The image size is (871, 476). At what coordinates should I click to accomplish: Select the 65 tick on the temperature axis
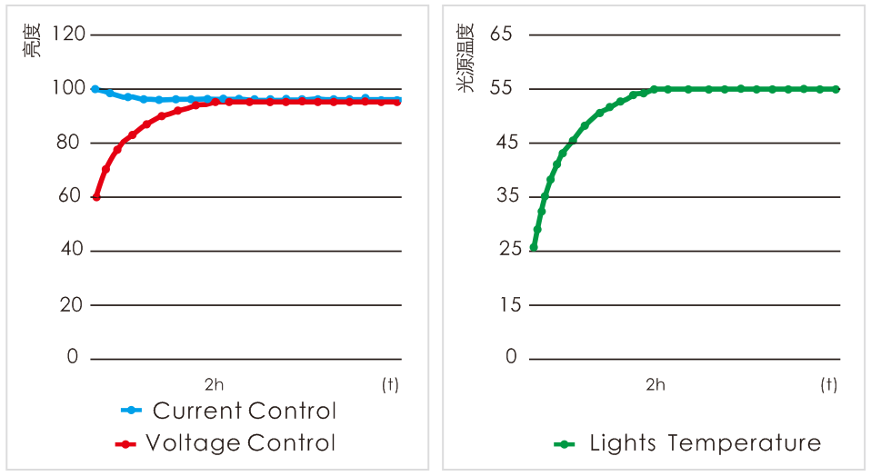[502, 35]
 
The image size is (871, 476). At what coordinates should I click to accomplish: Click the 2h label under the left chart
[214, 384]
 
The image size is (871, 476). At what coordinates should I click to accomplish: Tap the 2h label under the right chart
[655, 384]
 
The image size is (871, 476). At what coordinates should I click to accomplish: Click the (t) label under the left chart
[390, 384]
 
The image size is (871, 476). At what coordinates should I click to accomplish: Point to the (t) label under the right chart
[828, 384]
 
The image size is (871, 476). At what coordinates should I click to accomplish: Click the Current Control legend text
[245, 411]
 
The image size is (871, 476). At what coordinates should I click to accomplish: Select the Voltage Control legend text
[241, 443]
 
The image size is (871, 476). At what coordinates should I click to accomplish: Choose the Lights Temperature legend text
[705, 443]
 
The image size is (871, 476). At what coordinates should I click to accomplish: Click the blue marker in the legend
[132, 411]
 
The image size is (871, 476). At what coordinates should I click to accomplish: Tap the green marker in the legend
[565, 444]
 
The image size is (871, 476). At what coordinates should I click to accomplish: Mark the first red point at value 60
[95, 197]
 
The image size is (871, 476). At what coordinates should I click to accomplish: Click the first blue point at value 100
[95, 89]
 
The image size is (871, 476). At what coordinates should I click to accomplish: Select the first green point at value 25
[534, 247]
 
